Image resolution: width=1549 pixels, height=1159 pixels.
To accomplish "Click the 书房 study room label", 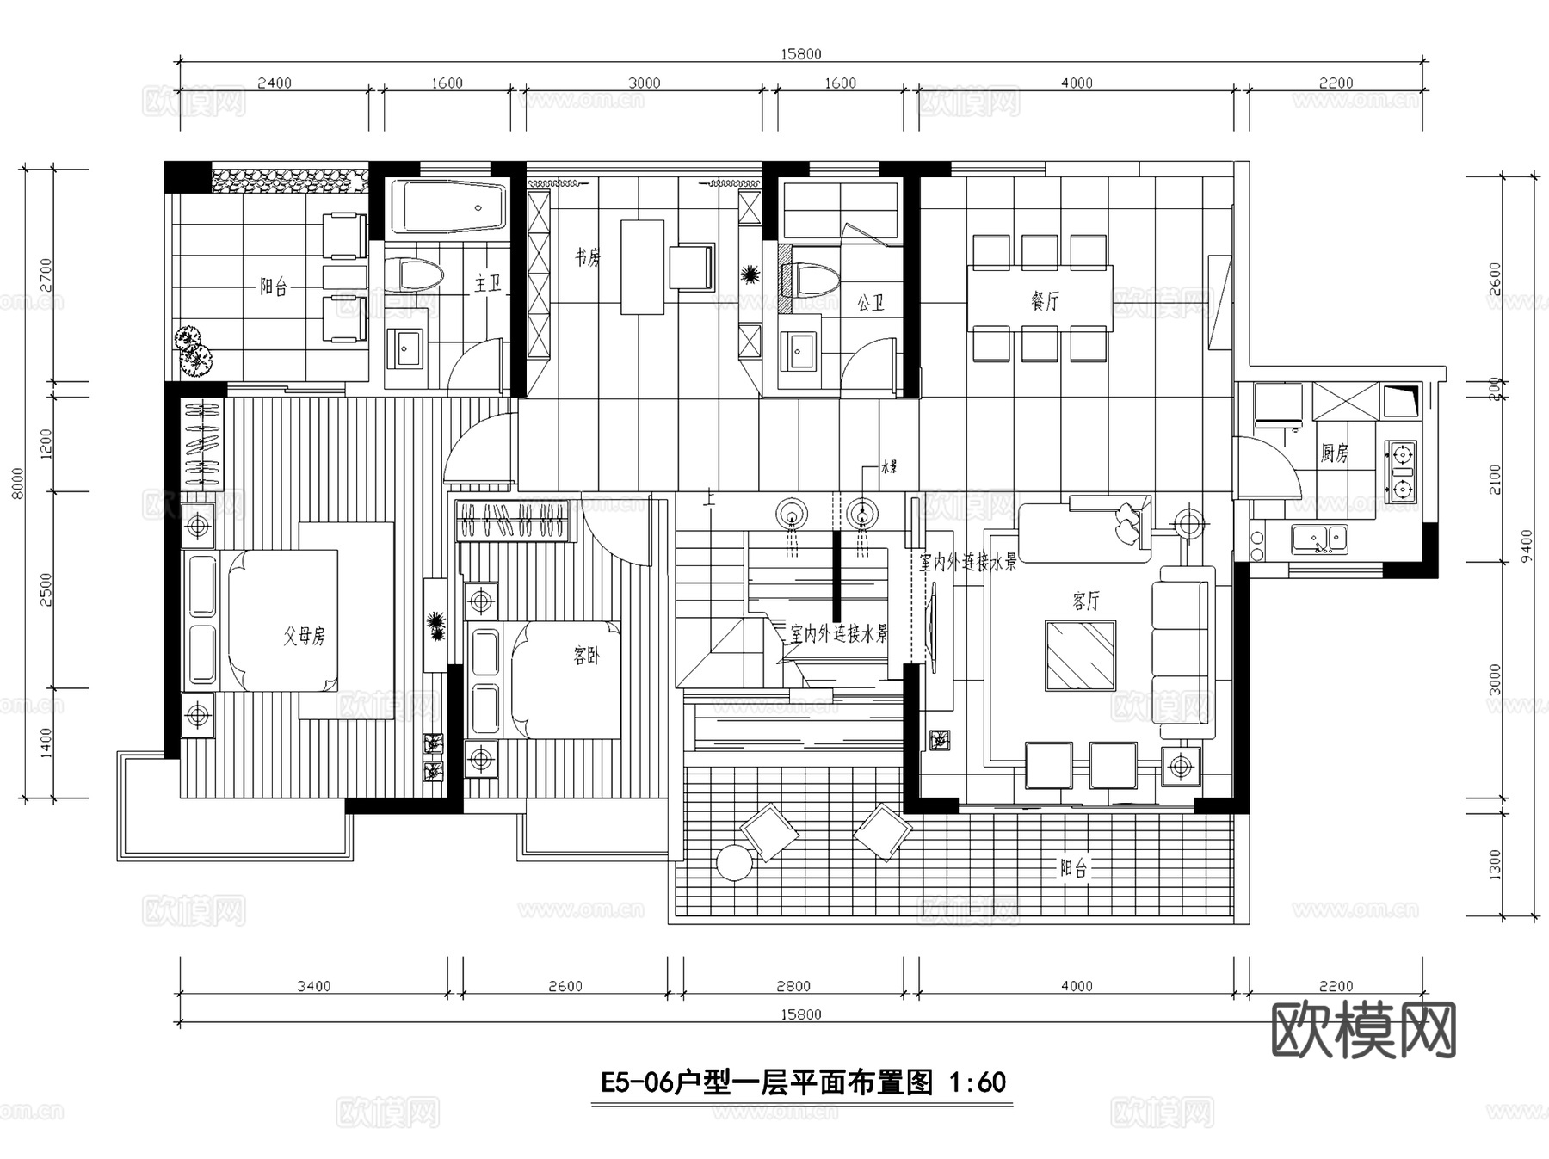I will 588,257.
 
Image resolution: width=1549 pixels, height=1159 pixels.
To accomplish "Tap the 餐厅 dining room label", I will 1045,300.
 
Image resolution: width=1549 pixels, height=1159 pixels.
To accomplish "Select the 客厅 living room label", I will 1086,600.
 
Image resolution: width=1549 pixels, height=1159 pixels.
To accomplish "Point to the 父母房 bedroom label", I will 305,636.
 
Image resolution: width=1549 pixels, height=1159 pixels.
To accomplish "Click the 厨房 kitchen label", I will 1334,453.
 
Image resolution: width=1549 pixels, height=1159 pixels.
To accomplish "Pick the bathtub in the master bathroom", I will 448,207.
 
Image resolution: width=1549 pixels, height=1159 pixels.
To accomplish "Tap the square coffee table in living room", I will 1080,656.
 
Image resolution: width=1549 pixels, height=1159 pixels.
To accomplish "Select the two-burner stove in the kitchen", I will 1401,472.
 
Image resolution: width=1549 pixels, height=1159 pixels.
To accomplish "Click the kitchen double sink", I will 1318,539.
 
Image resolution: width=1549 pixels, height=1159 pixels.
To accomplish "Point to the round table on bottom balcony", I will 734,863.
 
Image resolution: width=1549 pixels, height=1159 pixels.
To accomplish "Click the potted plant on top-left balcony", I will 193,348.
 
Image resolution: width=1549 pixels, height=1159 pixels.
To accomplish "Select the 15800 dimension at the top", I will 800,54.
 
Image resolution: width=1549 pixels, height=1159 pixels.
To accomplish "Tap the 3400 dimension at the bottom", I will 313,986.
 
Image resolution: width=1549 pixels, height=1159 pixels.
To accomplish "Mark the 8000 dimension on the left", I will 18,482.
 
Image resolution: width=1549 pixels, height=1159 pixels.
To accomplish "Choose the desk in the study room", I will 642,267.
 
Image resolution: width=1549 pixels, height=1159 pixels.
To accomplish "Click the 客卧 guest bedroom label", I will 586,657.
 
